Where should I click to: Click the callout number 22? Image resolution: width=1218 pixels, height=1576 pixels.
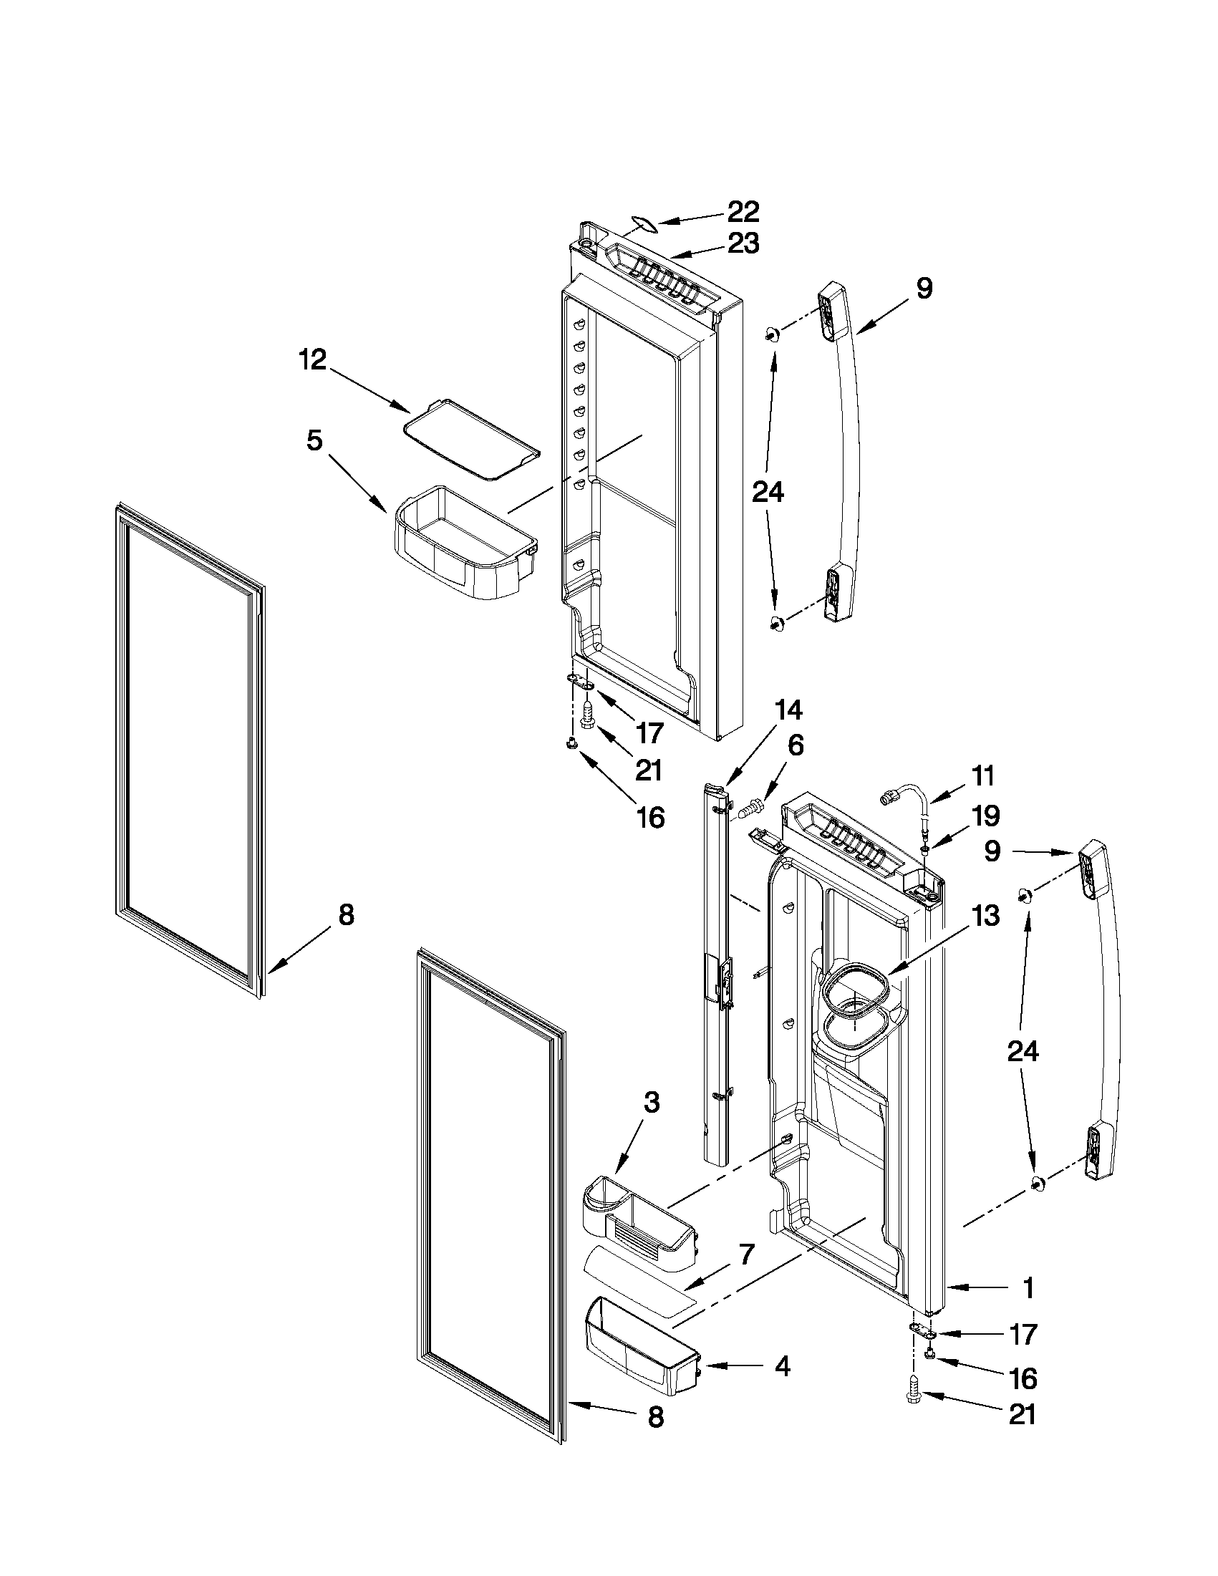[x=743, y=212]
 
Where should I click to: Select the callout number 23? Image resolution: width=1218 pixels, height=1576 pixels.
[x=743, y=243]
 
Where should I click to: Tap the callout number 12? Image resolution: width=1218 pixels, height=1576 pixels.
[x=313, y=359]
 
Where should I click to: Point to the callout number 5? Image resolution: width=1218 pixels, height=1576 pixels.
[x=314, y=440]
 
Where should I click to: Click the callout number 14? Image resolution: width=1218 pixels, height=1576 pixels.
[x=788, y=710]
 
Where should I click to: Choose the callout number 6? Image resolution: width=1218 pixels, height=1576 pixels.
[x=794, y=745]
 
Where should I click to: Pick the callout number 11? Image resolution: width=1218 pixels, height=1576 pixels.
[x=982, y=776]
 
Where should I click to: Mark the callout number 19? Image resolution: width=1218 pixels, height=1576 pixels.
[x=986, y=816]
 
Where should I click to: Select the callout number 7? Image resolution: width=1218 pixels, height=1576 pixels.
[x=745, y=1255]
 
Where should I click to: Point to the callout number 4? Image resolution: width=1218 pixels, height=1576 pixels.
[x=781, y=1366]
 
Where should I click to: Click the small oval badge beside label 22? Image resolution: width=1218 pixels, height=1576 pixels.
[x=643, y=223]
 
